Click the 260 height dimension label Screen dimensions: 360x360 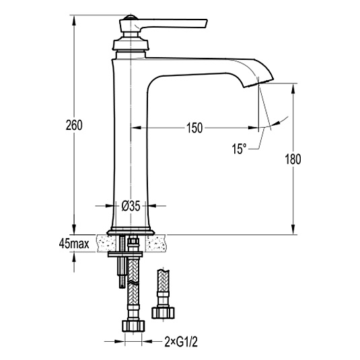pyautogui.click(x=74, y=125)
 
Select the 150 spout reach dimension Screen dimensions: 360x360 pyautogui.click(x=194, y=128)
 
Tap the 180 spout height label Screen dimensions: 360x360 pyautogui.click(x=293, y=159)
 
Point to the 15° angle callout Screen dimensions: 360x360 pyautogui.click(x=239, y=149)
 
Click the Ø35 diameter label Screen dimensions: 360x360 pyautogui.click(x=131, y=206)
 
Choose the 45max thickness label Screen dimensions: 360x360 pyautogui.click(x=74, y=244)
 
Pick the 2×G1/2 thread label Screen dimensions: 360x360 pyautogui.click(x=181, y=342)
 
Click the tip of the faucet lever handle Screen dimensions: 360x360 pyautogui.click(x=207, y=24)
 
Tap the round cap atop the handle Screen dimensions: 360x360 pyautogui.click(x=131, y=17)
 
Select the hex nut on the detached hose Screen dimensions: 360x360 pyautogui.click(x=163, y=313)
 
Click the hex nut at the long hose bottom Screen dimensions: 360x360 pyautogui.click(x=133, y=326)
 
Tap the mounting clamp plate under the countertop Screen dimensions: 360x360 pyautogui.click(x=125, y=254)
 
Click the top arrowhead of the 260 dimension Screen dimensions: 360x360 pyautogui.click(x=74, y=21)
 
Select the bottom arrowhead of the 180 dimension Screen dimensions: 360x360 pyautogui.click(x=293, y=229)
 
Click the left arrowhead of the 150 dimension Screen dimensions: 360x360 pyautogui.click(x=136, y=128)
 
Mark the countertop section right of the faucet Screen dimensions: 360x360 pyautogui.click(x=157, y=243)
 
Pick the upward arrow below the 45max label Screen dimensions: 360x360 pyautogui.click(x=74, y=262)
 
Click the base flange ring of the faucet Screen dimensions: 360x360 pyautogui.click(x=130, y=232)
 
